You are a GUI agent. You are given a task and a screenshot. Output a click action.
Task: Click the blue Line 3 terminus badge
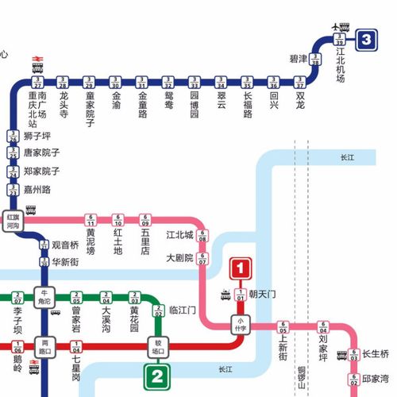coord(365,39)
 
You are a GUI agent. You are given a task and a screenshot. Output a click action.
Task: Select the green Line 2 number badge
coord(159,376)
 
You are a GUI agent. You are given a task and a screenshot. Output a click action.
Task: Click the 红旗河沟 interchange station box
coord(12,221)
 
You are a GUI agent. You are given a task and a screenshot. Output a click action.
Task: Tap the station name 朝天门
coord(264,295)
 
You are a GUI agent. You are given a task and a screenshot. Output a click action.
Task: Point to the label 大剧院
coord(179,258)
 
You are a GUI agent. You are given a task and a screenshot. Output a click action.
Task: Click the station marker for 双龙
coord(299,81)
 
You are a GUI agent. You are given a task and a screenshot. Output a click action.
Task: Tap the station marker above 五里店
coord(145,220)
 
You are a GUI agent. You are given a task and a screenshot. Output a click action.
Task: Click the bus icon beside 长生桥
coord(341,354)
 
